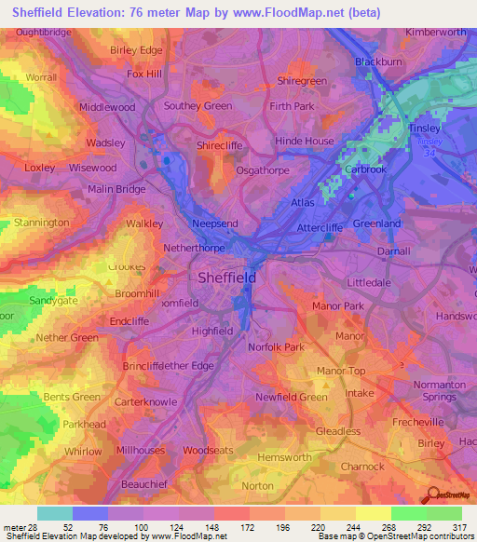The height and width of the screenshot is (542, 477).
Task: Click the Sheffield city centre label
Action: click(x=228, y=278)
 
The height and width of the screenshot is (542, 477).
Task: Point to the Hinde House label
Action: click(x=304, y=142)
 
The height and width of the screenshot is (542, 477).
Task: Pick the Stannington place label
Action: click(x=42, y=224)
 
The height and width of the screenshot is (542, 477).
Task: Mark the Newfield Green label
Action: click(x=292, y=397)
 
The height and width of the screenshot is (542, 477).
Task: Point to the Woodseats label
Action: click(x=208, y=451)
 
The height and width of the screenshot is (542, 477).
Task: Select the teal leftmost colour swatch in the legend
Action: click(x=54, y=513)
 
